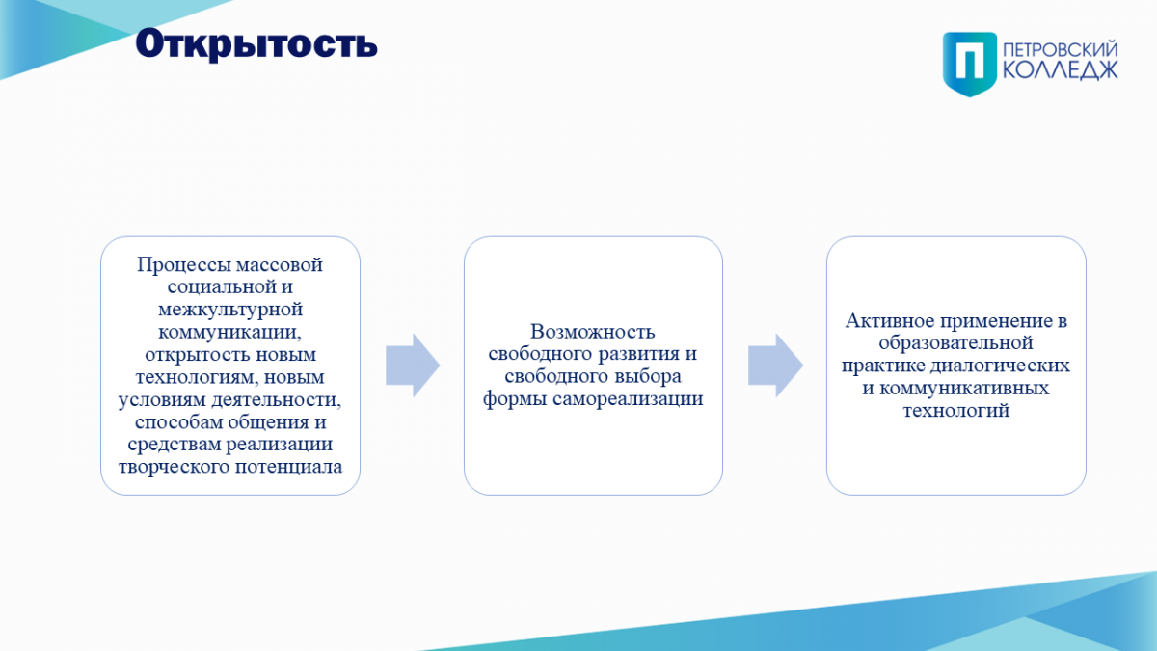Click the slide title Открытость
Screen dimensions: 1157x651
coord(256,44)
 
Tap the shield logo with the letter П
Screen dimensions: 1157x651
coord(970,64)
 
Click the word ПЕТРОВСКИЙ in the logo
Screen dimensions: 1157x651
coord(1061,50)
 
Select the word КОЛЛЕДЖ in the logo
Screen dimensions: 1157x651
coord(1061,70)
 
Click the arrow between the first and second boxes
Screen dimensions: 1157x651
coord(413,366)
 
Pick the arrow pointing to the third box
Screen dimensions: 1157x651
coord(775,366)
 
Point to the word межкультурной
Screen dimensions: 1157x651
coord(230,309)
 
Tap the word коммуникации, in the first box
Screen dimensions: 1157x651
coord(229,332)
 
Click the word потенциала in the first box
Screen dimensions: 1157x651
coord(288,467)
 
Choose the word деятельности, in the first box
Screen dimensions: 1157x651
coord(277,399)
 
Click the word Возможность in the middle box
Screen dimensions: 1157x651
coord(592,331)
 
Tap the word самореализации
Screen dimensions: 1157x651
coord(628,399)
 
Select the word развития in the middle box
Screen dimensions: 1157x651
coord(639,354)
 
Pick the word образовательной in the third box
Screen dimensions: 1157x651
coord(956,342)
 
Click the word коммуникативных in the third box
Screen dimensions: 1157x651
coord(964,388)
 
